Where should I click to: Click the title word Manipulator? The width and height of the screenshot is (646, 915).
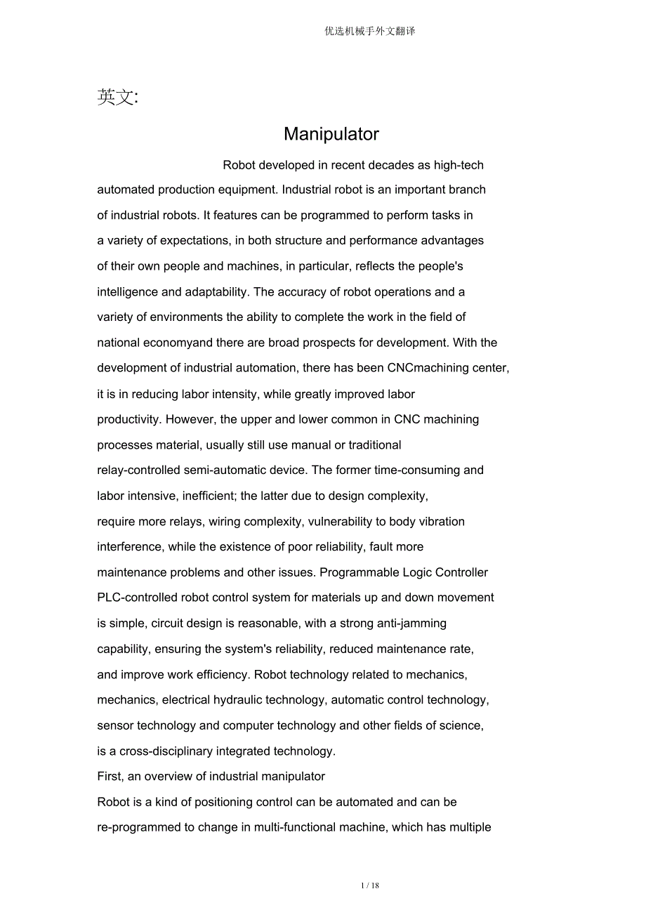point(331,134)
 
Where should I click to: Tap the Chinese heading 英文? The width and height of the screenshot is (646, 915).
point(117,98)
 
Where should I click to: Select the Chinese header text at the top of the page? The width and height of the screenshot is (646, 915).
point(370,31)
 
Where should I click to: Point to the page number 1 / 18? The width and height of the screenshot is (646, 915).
point(370,886)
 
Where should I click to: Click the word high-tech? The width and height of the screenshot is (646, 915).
point(459,165)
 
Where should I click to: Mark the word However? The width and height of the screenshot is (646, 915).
point(190,419)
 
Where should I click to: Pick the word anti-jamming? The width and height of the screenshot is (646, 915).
point(412,624)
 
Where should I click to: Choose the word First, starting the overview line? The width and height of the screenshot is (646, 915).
point(110,777)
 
